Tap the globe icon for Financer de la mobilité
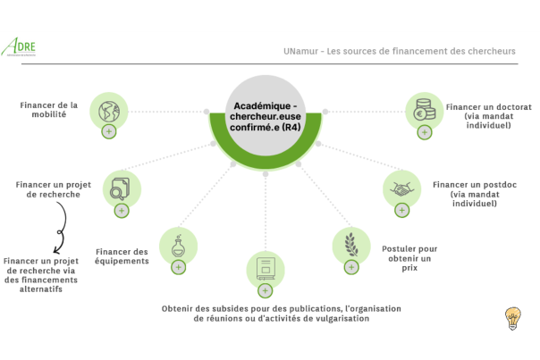coord(109,112)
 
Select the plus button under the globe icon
coord(109,131)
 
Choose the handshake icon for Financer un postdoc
coord(401,189)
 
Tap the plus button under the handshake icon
coord(401,210)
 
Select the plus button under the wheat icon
coord(351,266)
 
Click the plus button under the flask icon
coord(178,266)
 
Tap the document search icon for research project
coord(121,189)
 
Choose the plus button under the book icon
coord(265,290)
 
